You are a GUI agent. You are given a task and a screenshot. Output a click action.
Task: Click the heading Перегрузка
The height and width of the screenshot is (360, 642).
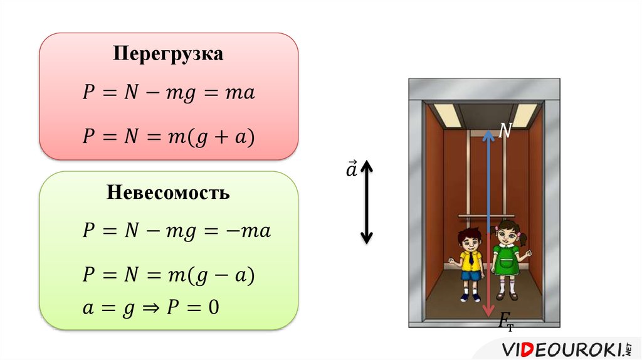click(x=168, y=54)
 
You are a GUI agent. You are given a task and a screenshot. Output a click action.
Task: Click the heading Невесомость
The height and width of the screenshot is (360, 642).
click(x=168, y=192)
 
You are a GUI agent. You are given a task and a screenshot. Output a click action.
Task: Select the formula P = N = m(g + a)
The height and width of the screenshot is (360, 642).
click(x=169, y=136)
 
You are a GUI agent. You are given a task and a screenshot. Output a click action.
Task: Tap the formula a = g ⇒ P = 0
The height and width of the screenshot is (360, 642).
click(x=150, y=308)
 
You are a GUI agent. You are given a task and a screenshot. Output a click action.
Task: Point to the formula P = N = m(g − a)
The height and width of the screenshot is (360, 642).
click(x=169, y=275)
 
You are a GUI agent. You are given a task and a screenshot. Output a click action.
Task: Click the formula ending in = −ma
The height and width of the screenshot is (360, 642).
click(x=176, y=231)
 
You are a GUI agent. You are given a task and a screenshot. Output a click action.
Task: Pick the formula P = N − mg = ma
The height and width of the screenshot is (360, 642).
click(x=169, y=93)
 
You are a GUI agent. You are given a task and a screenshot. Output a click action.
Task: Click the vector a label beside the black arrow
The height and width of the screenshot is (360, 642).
click(x=351, y=169)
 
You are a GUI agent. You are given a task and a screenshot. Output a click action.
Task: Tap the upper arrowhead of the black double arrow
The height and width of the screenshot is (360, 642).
click(x=366, y=165)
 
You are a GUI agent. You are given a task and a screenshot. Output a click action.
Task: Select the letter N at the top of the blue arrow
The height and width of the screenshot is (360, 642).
click(x=505, y=131)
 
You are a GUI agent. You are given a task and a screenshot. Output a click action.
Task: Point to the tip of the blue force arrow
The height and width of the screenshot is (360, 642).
click(x=488, y=130)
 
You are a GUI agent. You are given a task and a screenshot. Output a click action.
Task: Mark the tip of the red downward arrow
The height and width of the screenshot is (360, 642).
click(x=488, y=317)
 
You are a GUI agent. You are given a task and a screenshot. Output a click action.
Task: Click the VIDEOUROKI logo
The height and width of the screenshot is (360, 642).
click(x=567, y=349)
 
